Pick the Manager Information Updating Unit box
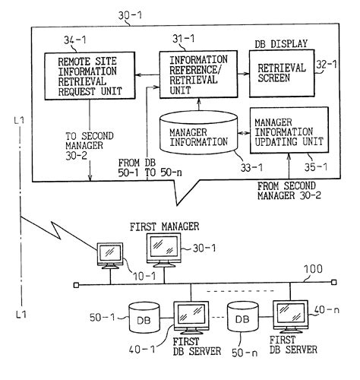pos(289,131)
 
